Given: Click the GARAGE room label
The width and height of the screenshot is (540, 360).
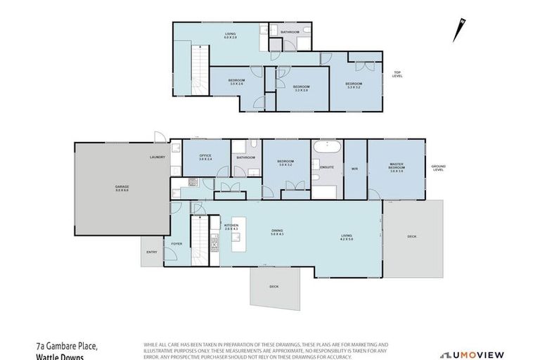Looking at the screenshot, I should click(x=122, y=188).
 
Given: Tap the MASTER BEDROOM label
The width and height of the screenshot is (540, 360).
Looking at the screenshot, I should click(x=397, y=167).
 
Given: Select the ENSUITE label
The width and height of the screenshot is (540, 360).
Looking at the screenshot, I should click(x=327, y=167).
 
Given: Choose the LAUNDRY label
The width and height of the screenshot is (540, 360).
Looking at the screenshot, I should click(x=157, y=157).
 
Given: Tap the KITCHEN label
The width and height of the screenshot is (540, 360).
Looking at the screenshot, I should click(x=231, y=227).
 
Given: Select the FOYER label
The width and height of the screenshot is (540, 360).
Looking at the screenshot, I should click(x=176, y=244).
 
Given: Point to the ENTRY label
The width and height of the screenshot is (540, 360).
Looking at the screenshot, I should click(x=152, y=252).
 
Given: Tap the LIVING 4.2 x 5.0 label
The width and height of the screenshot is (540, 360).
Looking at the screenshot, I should click(x=347, y=238).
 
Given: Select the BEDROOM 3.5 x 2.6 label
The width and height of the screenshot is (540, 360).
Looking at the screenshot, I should click(x=236, y=82).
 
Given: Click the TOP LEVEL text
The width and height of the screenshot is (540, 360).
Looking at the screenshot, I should click(x=397, y=75).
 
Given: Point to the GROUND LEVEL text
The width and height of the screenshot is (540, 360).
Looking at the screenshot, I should click(x=439, y=168).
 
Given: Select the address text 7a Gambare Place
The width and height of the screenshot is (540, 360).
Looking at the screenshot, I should click(x=67, y=346).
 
